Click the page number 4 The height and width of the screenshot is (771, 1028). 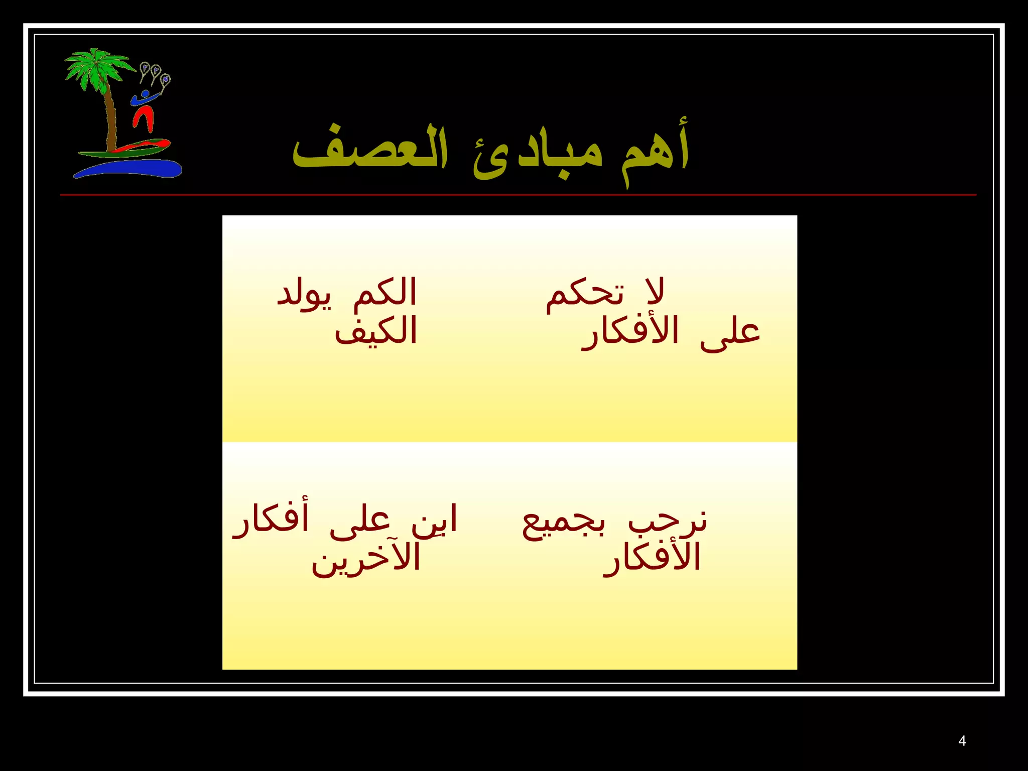tap(962, 741)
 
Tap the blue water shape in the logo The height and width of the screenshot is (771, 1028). tap(131, 169)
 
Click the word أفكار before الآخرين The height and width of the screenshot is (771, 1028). tap(271, 519)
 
